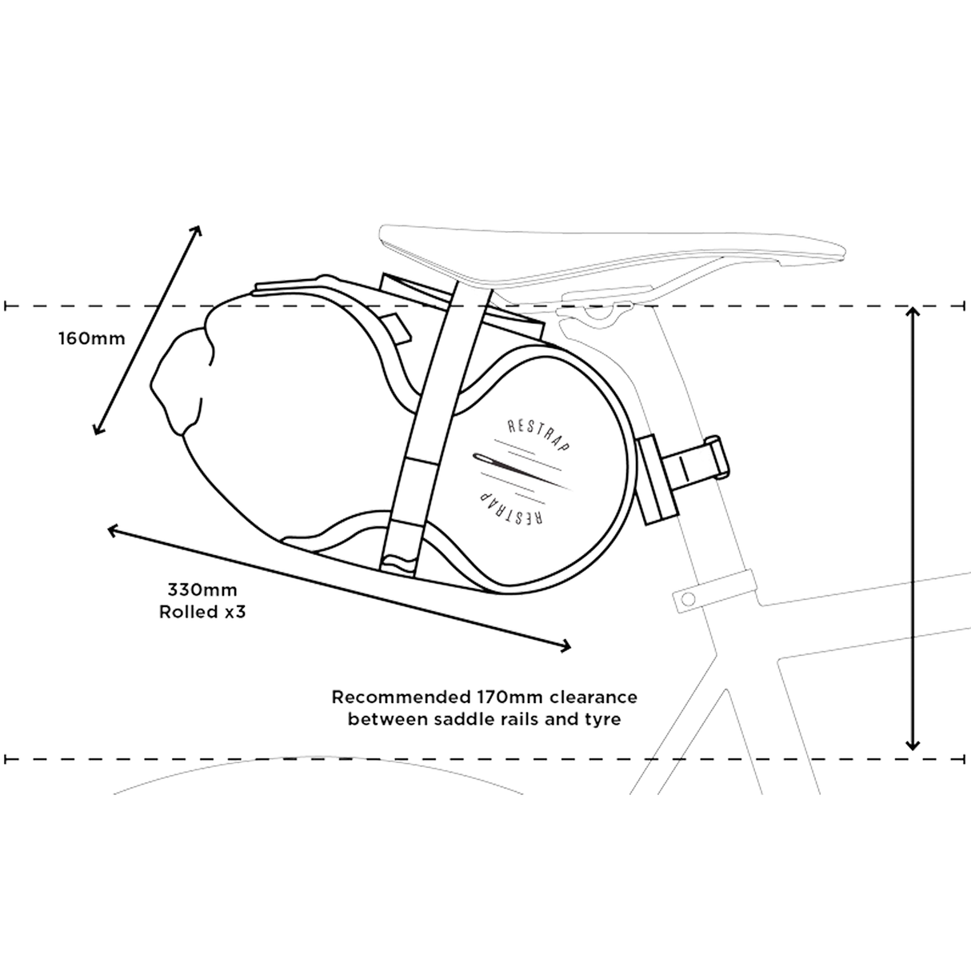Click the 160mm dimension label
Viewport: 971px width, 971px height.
pyautogui.click(x=92, y=338)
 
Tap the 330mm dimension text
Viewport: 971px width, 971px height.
pyautogui.click(x=202, y=589)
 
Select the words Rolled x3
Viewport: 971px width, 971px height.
pyautogui.click(x=202, y=612)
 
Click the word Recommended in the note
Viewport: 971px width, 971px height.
pyautogui.click(x=401, y=697)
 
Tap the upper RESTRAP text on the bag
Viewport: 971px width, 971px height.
pyautogui.click(x=538, y=434)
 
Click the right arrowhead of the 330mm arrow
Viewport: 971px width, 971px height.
pyautogui.click(x=565, y=646)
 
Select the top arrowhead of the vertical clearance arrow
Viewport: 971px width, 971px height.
pyautogui.click(x=913, y=311)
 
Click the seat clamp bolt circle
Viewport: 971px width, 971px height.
pyautogui.click(x=687, y=598)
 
